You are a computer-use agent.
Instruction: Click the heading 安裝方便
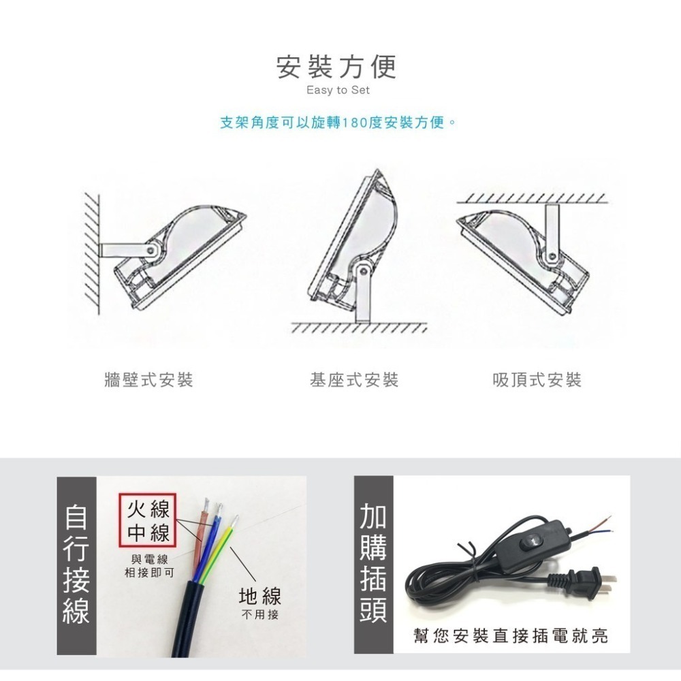pos(336,67)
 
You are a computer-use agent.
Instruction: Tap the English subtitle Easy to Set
pos(338,91)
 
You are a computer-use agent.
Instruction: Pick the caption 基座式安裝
pos(354,380)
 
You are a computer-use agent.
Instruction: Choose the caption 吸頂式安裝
pos(537,380)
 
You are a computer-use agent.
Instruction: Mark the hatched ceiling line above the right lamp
pos(531,199)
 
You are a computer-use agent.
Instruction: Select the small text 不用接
pos(259,616)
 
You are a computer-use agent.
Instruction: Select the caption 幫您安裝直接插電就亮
pos(511,636)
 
